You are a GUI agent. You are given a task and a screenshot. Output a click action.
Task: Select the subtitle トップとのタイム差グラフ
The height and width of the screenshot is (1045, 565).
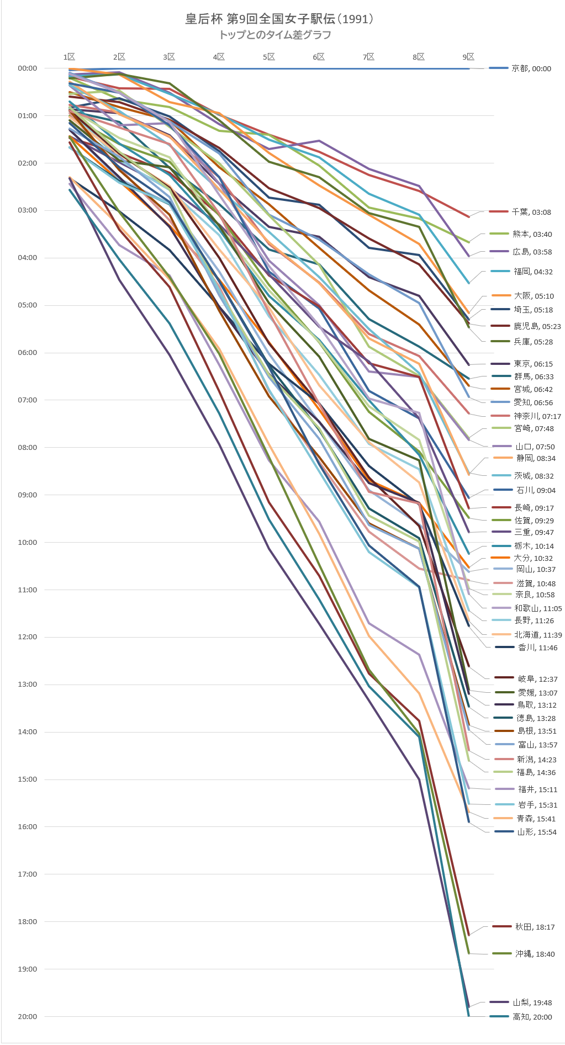275,35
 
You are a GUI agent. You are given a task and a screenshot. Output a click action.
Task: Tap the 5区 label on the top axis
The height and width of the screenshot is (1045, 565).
269,57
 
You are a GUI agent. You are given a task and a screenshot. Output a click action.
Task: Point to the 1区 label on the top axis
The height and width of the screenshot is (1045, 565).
69,57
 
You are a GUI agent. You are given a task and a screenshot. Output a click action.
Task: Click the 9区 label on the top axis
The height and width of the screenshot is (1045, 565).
468,57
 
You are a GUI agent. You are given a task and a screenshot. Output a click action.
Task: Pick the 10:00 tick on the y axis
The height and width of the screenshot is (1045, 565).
28,542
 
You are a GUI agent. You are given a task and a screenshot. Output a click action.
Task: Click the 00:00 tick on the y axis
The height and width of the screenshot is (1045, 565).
28,68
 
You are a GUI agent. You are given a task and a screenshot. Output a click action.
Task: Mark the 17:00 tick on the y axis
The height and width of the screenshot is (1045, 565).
28,874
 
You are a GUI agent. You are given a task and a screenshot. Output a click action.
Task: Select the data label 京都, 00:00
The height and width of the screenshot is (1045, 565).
531,68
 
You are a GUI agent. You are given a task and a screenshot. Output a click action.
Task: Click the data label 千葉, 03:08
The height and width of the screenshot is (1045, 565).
531,212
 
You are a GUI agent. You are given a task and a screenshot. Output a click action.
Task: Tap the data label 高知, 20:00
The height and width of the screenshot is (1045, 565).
532,1017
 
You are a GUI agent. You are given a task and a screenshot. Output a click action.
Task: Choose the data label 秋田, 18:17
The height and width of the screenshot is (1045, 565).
535,927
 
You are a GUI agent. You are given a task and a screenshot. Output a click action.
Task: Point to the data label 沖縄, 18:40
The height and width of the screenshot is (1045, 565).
535,954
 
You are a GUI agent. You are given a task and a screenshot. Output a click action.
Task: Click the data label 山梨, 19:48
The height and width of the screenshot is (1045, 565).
532,1002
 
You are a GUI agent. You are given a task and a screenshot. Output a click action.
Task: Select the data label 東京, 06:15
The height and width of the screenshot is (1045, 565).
533,364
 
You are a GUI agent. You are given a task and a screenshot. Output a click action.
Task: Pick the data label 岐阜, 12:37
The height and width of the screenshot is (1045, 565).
537,679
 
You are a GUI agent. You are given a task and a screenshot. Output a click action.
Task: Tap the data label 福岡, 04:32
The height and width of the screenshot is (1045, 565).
533,272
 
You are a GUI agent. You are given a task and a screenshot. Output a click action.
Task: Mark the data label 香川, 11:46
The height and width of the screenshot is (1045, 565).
537,648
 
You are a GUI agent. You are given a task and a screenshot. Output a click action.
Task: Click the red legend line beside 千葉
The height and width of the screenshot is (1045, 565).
499,211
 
